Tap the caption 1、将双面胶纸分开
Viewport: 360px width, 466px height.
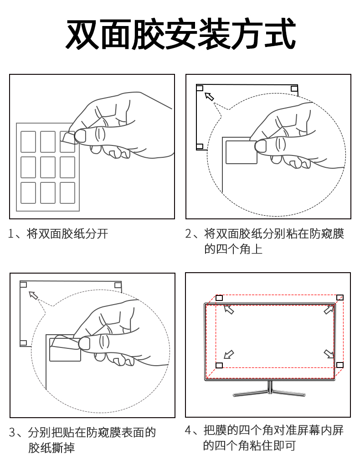(x=58, y=234)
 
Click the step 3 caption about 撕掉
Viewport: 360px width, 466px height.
(x=82, y=440)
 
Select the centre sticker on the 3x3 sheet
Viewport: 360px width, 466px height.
(x=48, y=167)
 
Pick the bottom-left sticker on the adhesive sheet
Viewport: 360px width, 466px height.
(x=28, y=193)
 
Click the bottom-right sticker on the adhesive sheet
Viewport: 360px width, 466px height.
(x=67, y=193)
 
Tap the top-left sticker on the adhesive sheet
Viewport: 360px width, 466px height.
(x=28, y=142)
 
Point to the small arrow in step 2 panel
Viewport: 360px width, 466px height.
(x=209, y=96)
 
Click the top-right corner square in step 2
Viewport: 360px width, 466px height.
(x=294, y=88)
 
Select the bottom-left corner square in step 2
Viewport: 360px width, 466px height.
(x=200, y=146)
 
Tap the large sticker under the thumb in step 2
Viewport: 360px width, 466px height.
(x=241, y=152)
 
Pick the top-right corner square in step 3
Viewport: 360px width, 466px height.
(x=118, y=285)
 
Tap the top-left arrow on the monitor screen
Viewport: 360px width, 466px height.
(x=229, y=310)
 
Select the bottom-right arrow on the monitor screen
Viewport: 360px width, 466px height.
(x=329, y=354)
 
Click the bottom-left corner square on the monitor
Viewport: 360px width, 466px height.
(x=219, y=365)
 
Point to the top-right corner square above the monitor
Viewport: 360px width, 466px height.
(x=339, y=298)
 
